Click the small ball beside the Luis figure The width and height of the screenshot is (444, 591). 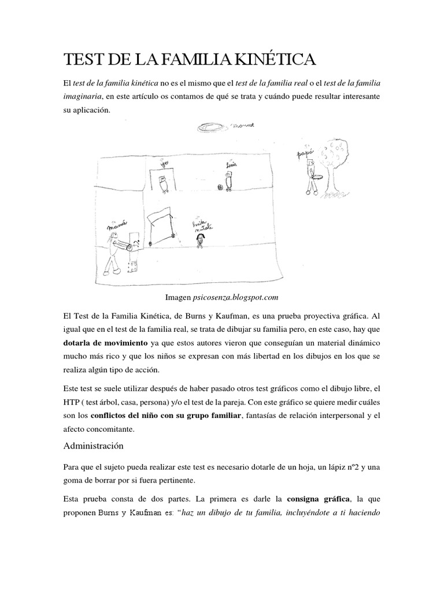point(220,187)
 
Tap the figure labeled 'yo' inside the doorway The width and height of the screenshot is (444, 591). point(164,184)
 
